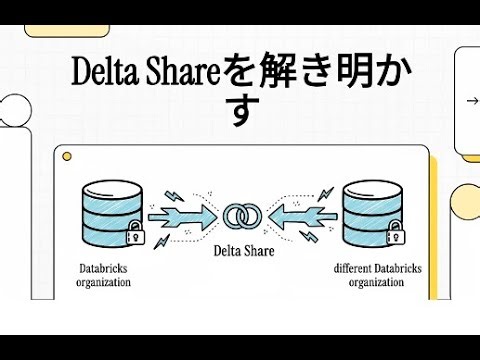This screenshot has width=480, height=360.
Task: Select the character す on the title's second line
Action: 240,112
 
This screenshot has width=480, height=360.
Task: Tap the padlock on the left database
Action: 135,238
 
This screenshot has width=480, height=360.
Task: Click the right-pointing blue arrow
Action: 182,214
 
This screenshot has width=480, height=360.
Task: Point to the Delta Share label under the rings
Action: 240,251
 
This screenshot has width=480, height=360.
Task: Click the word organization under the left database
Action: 105,282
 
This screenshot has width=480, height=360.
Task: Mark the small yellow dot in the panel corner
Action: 68,157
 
